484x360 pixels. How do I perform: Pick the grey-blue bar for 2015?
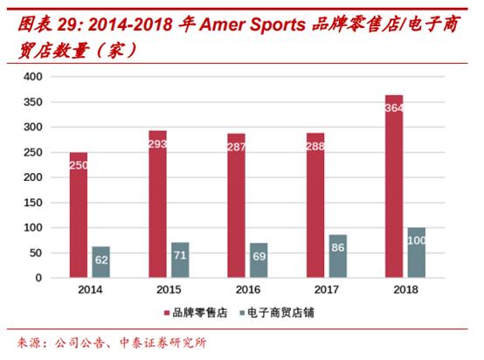(x=180, y=260)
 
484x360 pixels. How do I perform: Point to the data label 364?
(x=394, y=107)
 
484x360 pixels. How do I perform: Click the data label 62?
(x=101, y=260)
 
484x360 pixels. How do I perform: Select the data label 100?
(x=416, y=239)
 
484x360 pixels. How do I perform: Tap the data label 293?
(x=157, y=143)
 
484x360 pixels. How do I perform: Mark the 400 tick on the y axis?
(x=32, y=77)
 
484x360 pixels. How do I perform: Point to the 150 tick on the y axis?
(x=32, y=203)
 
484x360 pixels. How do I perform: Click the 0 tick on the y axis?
(x=38, y=278)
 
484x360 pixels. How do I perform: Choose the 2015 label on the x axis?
(x=169, y=289)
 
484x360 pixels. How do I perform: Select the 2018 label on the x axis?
(x=404, y=289)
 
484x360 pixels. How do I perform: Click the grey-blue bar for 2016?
(x=259, y=260)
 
